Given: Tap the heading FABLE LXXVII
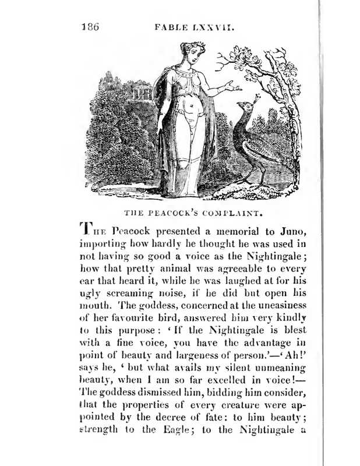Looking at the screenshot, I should (x=193, y=26).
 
